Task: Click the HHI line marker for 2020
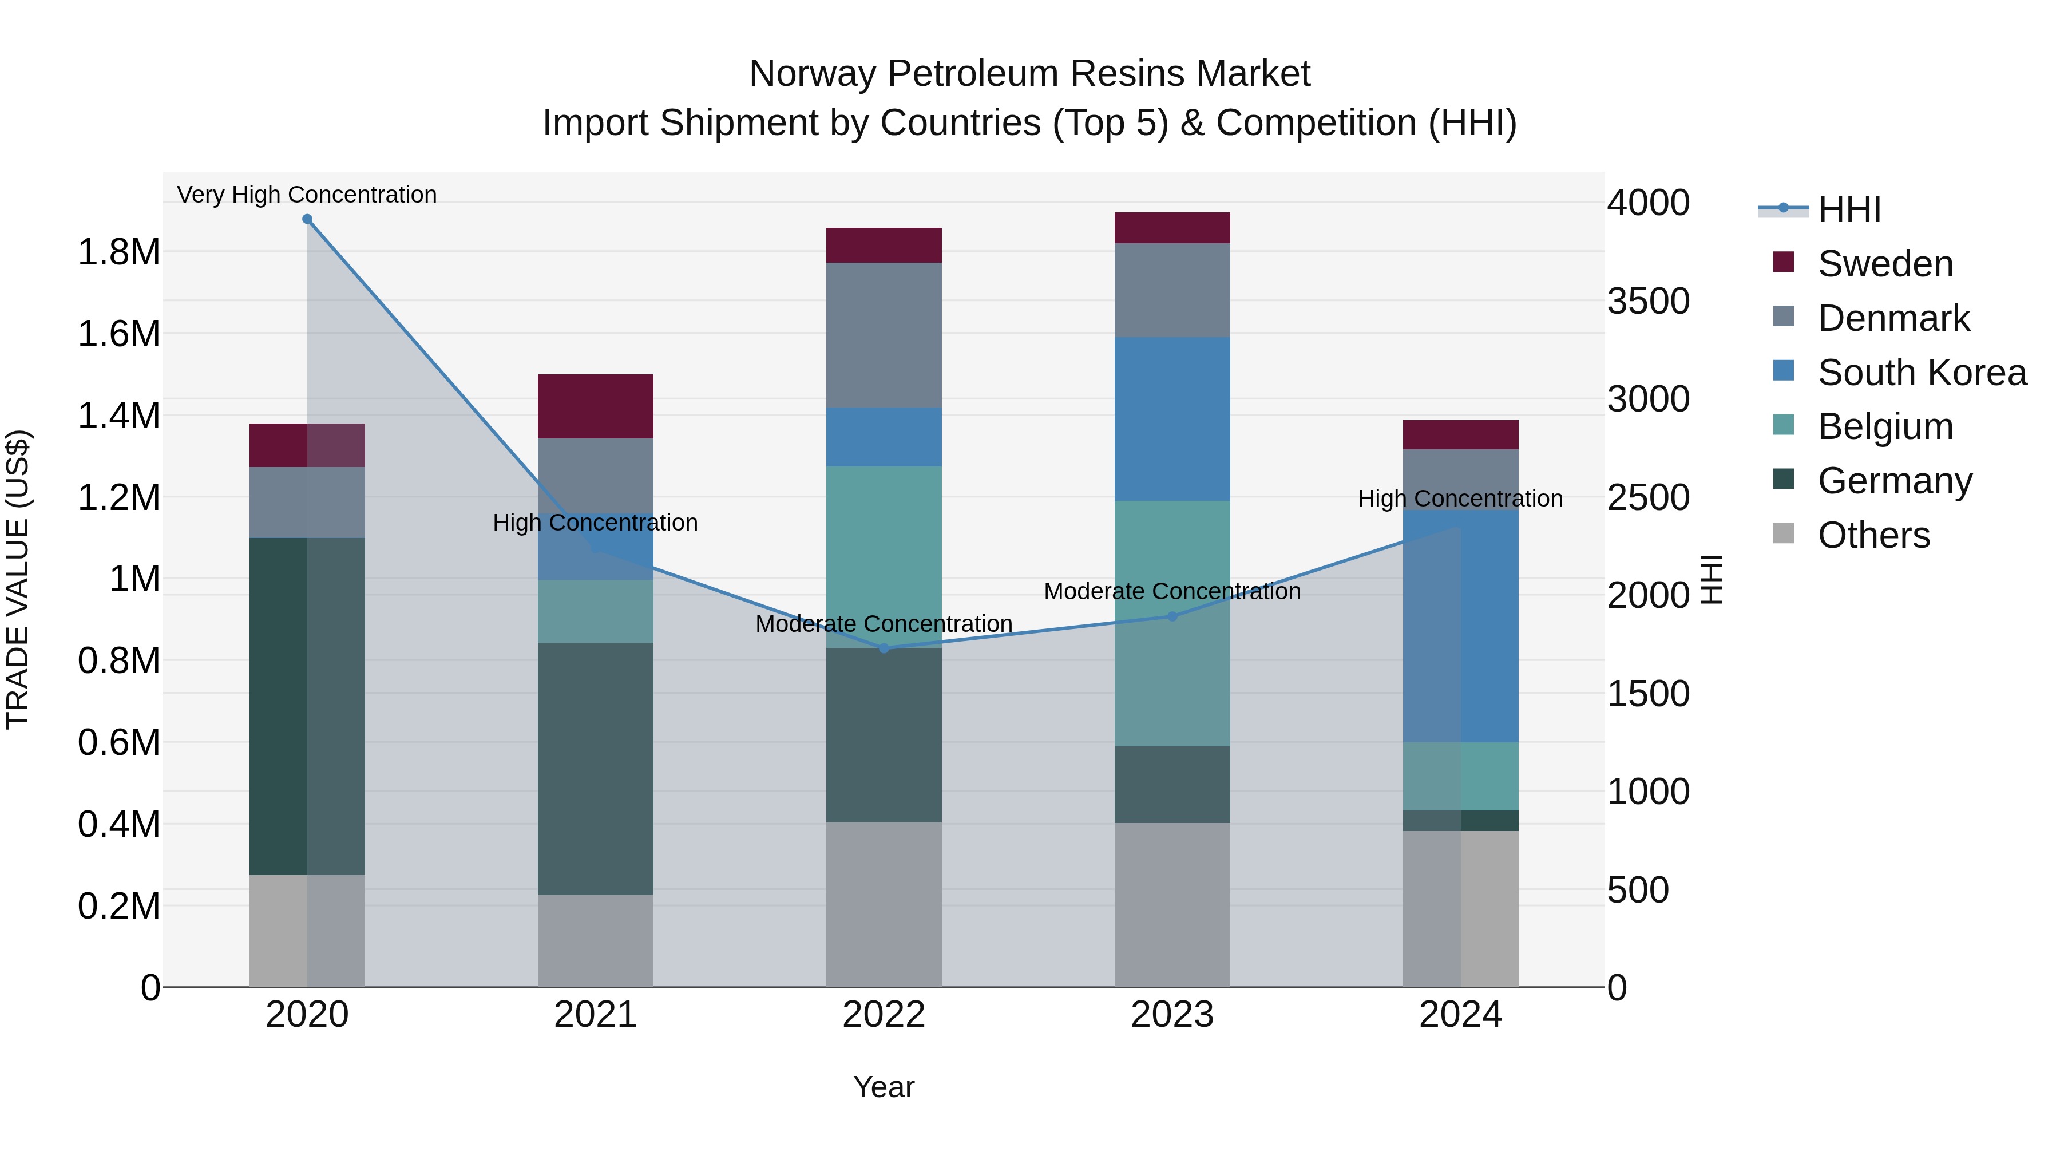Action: tap(307, 219)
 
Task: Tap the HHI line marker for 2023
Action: tap(1172, 616)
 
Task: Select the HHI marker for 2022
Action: tap(884, 648)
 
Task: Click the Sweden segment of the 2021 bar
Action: tap(595, 406)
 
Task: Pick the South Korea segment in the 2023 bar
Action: tap(1172, 418)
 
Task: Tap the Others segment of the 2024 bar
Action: tap(1460, 909)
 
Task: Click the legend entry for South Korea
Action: tap(1922, 373)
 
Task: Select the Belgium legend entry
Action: tap(1885, 426)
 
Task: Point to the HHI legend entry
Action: tap(1848, 209)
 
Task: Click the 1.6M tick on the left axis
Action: tap(118, 334)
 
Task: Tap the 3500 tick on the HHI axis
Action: tap(1648, 302)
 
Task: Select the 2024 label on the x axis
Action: tap(1460, 1015)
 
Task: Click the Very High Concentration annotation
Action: tap(307, 195)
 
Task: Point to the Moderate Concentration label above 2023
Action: tap(1172, 591)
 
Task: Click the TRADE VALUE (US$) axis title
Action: tap(18, 579)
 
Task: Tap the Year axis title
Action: tap(884, 1087)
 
